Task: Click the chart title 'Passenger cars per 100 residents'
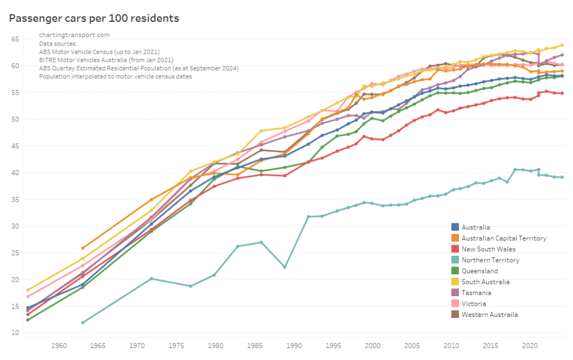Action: [x=93, y=18]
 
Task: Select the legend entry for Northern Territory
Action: [x=491, y=260]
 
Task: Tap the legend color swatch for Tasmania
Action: [x=455, y=293]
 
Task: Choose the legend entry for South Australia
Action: [x=485, y=282]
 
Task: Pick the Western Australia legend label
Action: [x=490, y=315]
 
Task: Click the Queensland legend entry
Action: [x=480, y=271]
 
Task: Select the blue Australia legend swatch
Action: [x=455, y=227]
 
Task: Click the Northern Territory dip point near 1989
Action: [x=285, y=267]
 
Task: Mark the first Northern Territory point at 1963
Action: [x=83, y=322]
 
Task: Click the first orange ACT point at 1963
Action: [x=83, y=248]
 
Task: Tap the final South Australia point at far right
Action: [x=562, y=45]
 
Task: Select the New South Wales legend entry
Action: [x=489, y=249]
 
